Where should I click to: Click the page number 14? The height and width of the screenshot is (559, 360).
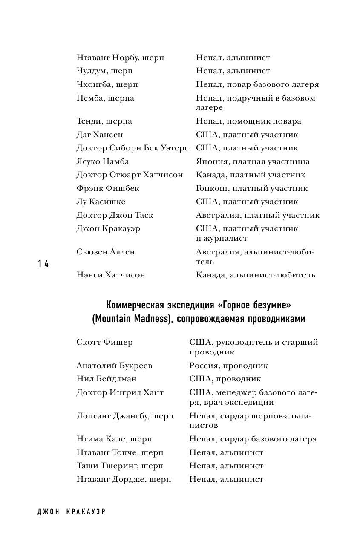(x=43, y=264)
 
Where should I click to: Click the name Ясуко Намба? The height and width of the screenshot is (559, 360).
(x=103, y=161)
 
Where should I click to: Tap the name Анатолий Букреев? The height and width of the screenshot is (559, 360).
(x=114, y=366)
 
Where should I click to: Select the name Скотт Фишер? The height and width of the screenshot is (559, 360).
(x=104, y=342)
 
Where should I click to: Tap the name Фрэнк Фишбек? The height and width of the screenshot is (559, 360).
(x=108, y=188)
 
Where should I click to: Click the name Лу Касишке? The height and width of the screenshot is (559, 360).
(x=101, y=202)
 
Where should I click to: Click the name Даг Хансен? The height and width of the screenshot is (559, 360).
(x=100, y=135)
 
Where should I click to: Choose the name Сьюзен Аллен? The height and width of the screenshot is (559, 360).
(x=106, y=252)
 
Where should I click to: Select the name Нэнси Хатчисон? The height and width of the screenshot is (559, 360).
(x=111, y=275)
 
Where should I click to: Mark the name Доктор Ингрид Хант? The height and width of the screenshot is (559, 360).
(x=120, y=392)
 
